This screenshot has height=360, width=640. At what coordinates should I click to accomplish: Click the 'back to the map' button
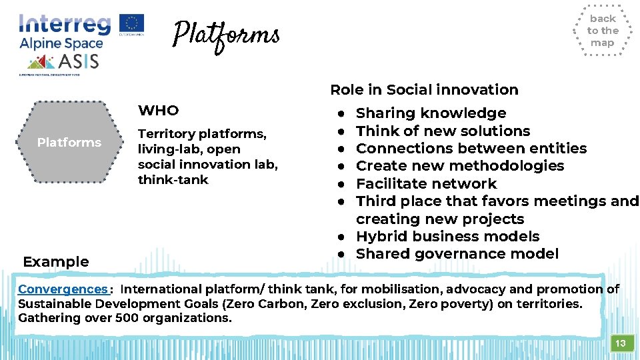pos(602,31)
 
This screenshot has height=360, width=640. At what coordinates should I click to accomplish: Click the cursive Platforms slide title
pos(225,34)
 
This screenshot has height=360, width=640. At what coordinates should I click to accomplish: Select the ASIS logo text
pos(79,61)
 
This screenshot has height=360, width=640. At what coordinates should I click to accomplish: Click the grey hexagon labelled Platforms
pos(69,142)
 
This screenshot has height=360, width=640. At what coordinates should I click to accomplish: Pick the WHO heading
pos(158,110)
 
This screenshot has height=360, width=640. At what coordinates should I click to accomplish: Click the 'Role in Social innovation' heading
pos(424,89)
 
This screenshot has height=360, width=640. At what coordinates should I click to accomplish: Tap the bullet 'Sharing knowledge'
pos(431,113)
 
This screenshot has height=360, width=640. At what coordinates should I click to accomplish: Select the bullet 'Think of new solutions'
pos(443,131)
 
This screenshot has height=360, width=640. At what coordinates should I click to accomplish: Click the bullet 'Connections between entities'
pos(471,148)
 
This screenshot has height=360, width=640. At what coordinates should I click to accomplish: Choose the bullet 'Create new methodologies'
pos(460,166)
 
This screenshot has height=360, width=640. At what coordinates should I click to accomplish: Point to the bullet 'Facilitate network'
pos(426,183)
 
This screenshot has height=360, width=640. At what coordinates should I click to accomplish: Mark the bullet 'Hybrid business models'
pos(447,236)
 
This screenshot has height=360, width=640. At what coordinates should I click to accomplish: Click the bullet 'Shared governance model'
pos(457,253)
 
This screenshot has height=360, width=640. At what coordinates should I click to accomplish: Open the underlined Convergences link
pos(63,289)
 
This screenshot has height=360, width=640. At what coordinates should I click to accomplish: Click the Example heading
pos(56,261)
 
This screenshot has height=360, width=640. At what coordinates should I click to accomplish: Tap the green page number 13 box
pos(620,343)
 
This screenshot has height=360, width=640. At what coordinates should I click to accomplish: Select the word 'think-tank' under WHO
pos(173,179)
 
